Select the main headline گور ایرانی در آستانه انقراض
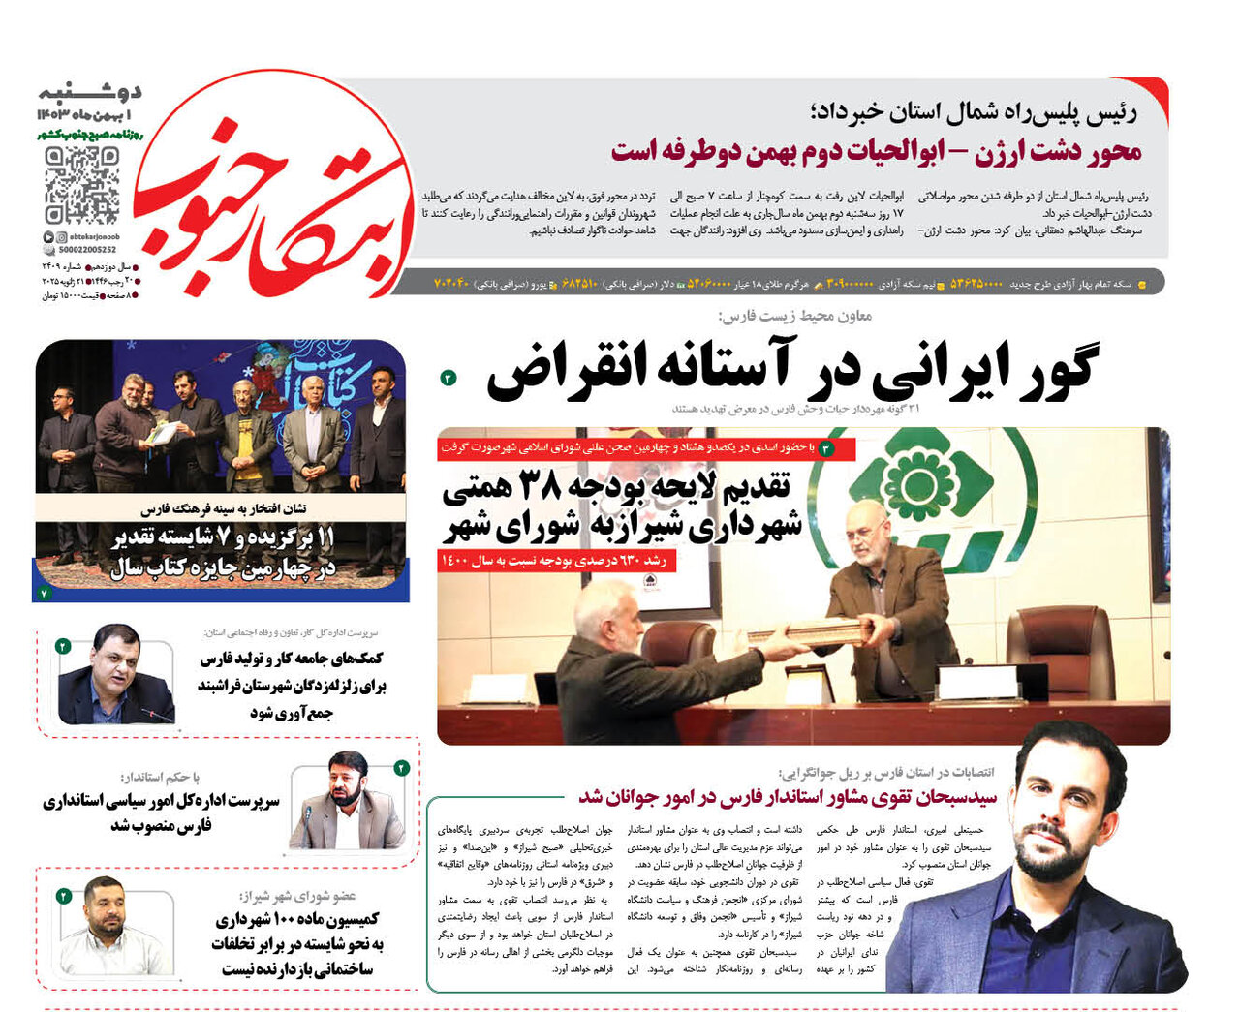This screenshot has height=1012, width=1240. (791, 371)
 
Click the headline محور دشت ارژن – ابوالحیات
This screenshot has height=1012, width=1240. (876, 152)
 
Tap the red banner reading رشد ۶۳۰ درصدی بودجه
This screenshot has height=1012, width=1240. (557, 561)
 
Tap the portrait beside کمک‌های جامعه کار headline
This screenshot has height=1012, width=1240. (116, 674)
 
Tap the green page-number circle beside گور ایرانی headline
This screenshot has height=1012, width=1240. (448, 378)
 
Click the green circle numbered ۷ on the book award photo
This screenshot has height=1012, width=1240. (45, 593)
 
